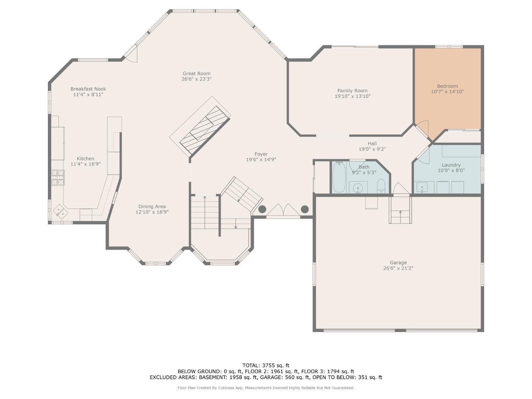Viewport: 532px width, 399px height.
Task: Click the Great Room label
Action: point(196,73)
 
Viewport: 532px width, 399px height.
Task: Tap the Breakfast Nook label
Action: point(88,89)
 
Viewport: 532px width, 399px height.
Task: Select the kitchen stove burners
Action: point(58,178)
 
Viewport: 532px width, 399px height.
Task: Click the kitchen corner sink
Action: point(61,212)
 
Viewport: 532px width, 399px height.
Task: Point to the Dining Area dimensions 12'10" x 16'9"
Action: point(152,212)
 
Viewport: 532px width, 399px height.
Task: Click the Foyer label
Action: point(261,154)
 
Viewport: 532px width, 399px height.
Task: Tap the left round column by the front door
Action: point(262,209)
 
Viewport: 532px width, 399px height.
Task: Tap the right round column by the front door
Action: point(305,209)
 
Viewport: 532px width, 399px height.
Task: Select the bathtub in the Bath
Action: point(339,177)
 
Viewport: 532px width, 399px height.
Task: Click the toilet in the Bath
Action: point(381,185)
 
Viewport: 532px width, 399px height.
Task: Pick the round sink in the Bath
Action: point(358,187)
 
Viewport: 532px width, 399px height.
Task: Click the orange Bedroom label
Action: point(447,86)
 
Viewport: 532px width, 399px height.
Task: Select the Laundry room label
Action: point(451,165)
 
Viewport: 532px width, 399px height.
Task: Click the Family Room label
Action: point(352,90)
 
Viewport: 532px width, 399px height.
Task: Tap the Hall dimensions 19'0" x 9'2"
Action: point(372,149)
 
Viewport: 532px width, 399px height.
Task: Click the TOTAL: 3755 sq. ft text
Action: point(266,365)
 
